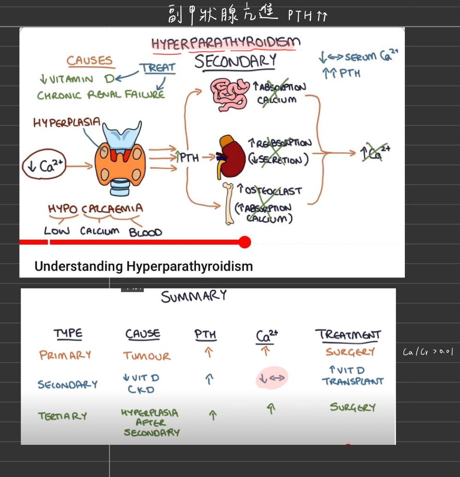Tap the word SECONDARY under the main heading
pos(235,61)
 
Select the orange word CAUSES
pos(90,61)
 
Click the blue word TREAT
pos(158,68)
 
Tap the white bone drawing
pos(229,203)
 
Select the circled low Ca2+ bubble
pos(45,166)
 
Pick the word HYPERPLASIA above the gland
pos(67,123)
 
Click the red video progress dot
pos(245,242)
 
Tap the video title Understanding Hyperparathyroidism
pos(144,266)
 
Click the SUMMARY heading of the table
pos(194,296)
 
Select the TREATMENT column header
pos(348,335)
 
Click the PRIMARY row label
pos(65,355)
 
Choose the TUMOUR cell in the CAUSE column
pos(146,356)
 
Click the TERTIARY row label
pos(63,416)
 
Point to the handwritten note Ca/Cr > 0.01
pos(428,352)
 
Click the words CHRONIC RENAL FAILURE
pos(101,95)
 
